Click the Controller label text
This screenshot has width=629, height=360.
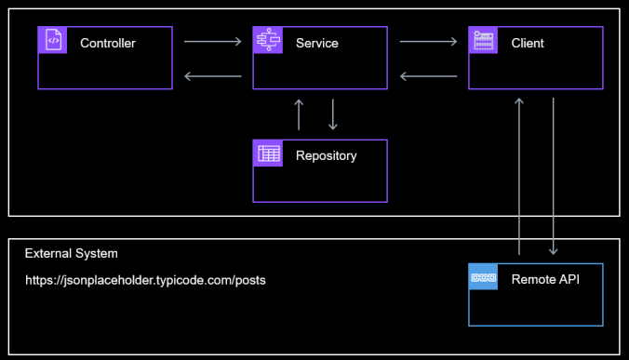pyautogui.click(x=108, y=44)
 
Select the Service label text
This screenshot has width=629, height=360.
pyautogui.click(x=316, y=44)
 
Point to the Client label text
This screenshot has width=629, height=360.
pyautogui.click(x=528, y=44)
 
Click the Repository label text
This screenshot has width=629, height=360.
pyautogui.click(x=326, y=156)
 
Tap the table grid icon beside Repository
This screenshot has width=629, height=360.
pyautogui.click(x=268, y=154)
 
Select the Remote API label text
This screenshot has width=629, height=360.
pyautogui.click(x=544, y=278)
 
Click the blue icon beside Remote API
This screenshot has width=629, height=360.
pyautogui.click(x=483, y=277)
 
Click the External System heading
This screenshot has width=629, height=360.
pyautogui.click(x=71, y=254)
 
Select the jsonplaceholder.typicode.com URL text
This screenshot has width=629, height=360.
pyautogui.click(x=145, y=280)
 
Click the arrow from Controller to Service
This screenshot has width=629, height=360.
pyautogui.click(x=212, y=41)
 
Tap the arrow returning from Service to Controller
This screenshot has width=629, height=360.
pyautogui.click(x=212, y=75)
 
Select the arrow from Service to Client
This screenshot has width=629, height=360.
pyautogui.click(x=428, y=41)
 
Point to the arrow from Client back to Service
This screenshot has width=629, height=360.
pyautogui.click(x=428, y=75)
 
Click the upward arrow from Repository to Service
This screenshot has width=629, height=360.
pyautogui.click(x=299, y=113)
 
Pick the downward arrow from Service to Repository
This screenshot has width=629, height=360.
pyautogui.click(x=332, y=113)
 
